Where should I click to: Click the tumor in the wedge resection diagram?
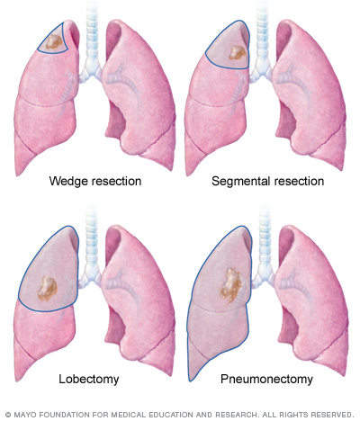53,42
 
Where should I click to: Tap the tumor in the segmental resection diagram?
238,52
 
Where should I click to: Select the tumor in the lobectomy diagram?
47,289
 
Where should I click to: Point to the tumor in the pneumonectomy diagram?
230,285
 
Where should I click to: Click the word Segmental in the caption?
237,181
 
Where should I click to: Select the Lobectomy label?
89,379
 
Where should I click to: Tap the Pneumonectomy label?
266,379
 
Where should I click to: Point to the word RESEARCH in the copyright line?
237,415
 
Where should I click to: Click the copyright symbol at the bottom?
8,415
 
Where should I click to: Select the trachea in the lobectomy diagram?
92,237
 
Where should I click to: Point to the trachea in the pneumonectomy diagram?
265,237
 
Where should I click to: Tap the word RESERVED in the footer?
332,415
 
